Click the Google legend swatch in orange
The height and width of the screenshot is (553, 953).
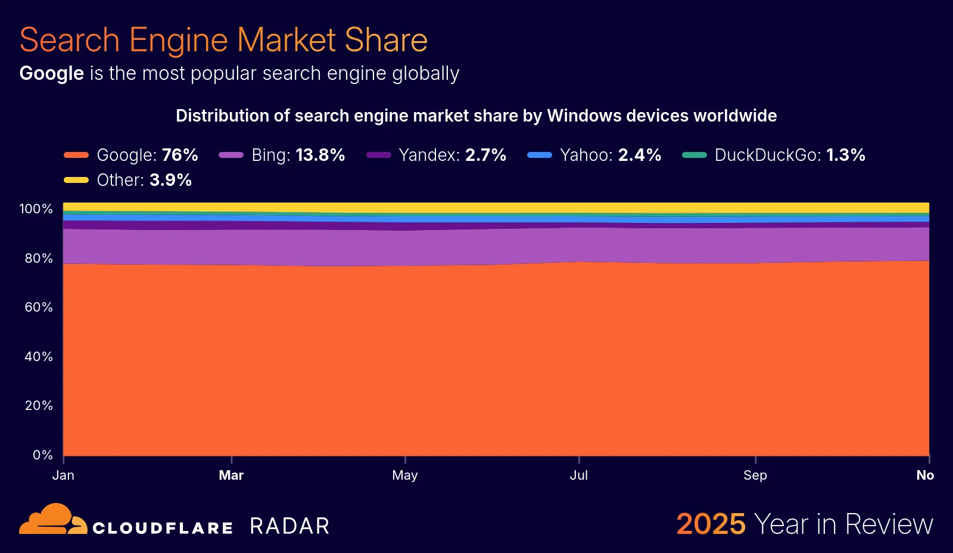pos(76,155)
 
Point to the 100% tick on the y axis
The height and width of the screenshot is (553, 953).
pos(36,209)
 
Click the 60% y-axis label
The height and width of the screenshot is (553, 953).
pos(39,307)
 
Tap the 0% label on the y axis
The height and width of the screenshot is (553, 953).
pos(42,455)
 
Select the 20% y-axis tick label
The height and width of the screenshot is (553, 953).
pos(39,406)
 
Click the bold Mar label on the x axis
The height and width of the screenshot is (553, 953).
pos(231,476)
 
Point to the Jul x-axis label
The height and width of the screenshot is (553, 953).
pos(578,476)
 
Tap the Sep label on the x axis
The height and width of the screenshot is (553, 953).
pos(755,476)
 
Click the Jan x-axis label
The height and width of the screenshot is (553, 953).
pos(63,476)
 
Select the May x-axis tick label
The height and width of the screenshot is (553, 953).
pos(405,476)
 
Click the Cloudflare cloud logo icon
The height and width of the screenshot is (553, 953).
pos(52,520)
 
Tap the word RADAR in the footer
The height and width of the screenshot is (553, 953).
pos(289,526)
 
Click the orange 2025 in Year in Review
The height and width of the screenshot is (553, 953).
pos(711,524)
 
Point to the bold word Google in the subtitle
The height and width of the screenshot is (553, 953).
pos(52,73)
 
